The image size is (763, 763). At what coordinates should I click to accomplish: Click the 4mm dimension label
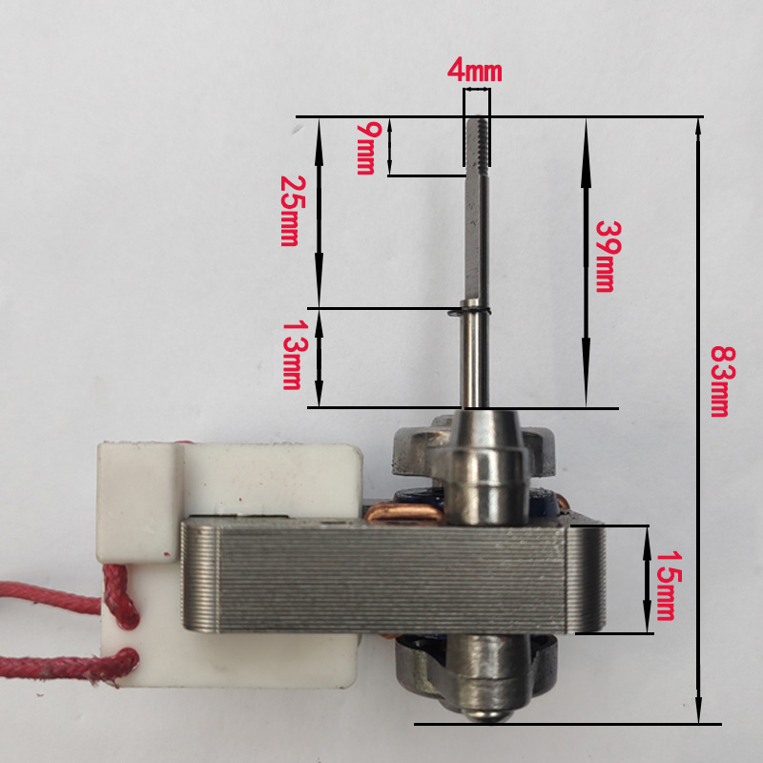pyautogui.click(x=474, y=70)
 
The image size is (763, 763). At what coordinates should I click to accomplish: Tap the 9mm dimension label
pyautogui.click(x=366, y=148)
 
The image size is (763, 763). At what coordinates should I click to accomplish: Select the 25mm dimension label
pyautogui.click(x=293, y=211)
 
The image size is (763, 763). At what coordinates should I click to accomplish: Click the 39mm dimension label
pyautogui.click(x=608, y=257)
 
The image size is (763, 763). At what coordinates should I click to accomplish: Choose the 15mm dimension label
pyautogui.click(x=669, y=586)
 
